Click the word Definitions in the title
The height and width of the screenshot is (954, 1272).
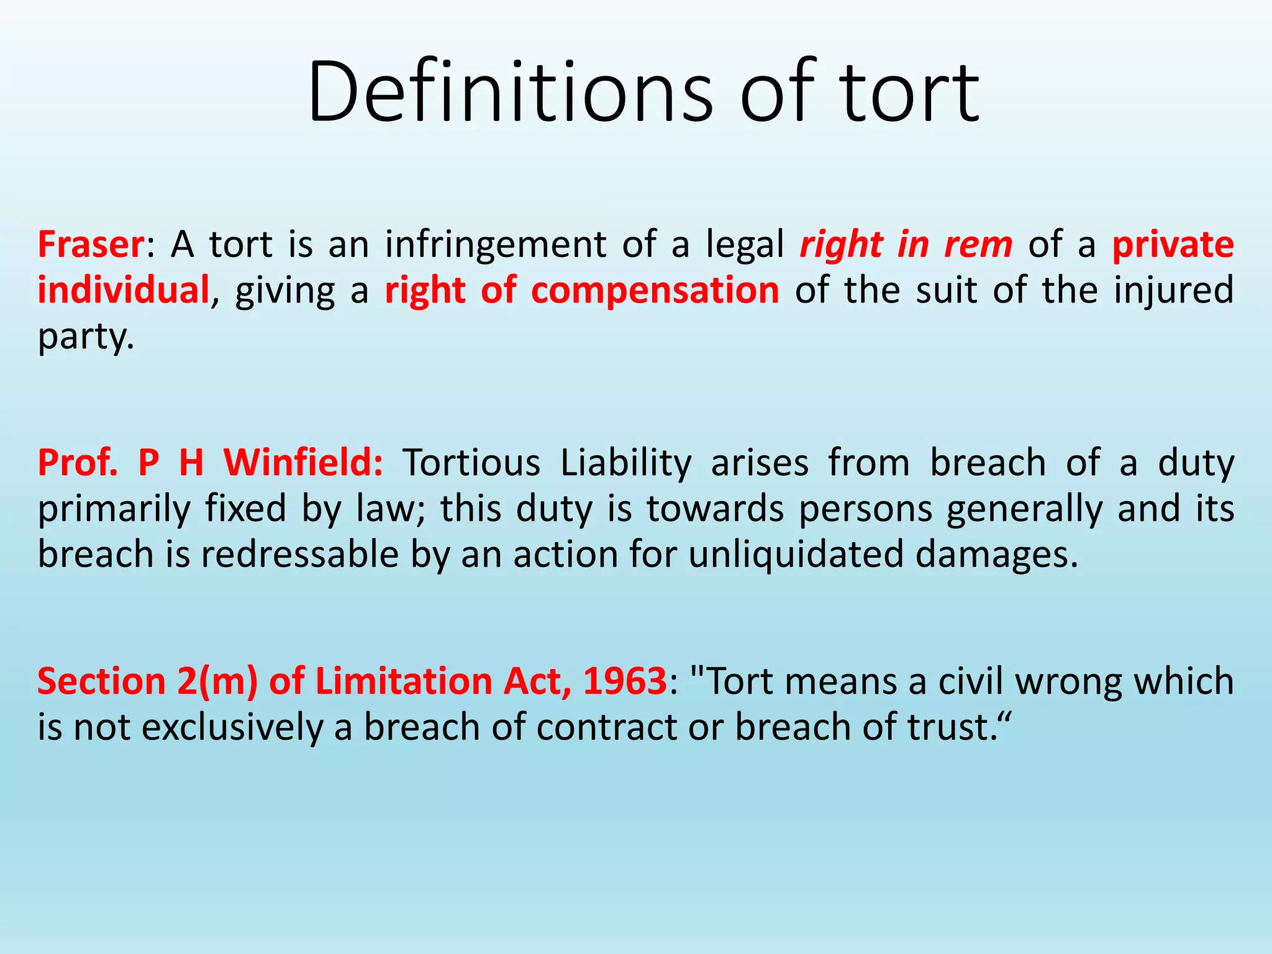point(510,92)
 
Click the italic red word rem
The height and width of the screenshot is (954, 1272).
point(978,244)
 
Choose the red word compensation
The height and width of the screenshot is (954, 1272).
point(655,290)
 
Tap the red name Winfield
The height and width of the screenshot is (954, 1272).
point(302,463)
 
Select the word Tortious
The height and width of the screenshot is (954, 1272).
point(472,463)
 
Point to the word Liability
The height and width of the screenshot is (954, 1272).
point(625,463)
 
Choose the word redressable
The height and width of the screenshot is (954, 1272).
point(299,554)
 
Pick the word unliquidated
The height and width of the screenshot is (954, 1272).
point(796,554)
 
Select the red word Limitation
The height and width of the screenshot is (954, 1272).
point(404,681)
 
